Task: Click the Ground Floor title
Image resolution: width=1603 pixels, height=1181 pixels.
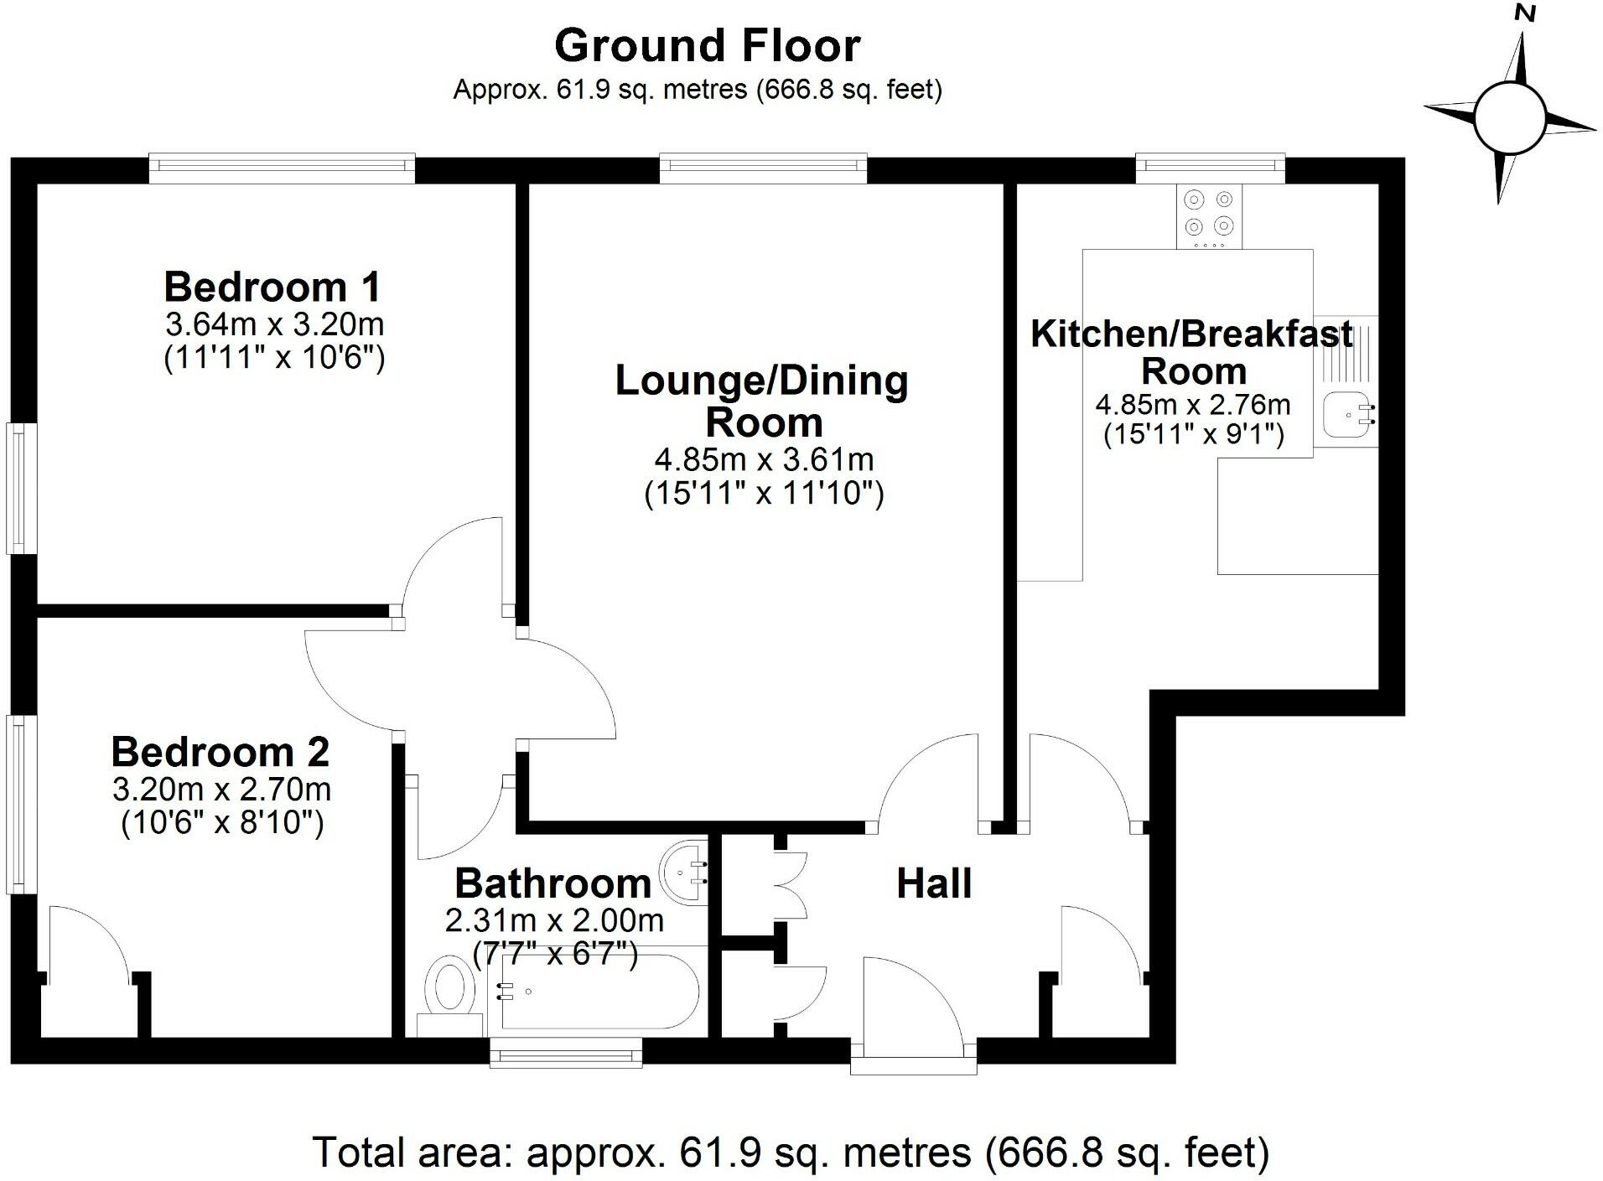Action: tap(707, 46)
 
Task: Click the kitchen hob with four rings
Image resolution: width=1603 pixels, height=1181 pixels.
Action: tap(1209, 215)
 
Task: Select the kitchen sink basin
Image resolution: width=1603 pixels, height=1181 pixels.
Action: tap(1346, 414)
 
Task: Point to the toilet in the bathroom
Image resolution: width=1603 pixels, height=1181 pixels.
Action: tap(449, 989)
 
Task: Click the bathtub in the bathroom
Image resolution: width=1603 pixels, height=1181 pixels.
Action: tap(597, 992)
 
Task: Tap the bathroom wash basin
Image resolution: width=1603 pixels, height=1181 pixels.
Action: tap(685, 872)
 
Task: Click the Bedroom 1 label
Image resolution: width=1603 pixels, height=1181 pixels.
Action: tap(272, 287)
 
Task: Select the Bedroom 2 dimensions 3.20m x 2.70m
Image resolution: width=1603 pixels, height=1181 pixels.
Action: tap(221, 789)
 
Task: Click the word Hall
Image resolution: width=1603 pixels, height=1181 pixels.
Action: tap(934, 883)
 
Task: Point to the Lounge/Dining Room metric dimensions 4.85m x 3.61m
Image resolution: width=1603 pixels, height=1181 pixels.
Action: tap(764, 459)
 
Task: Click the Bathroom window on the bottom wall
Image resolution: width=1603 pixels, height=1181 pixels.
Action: tap(566, 1051)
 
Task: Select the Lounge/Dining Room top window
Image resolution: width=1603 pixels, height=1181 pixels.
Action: tap(763, 168)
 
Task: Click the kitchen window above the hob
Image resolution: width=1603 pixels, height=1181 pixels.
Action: tap(1210, 168)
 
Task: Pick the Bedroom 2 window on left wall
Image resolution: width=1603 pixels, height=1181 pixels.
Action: tap(20, 803)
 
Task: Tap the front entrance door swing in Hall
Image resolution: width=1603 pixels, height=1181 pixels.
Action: tap(919, 997)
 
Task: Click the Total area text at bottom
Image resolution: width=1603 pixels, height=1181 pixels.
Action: tap(791, 1153)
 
